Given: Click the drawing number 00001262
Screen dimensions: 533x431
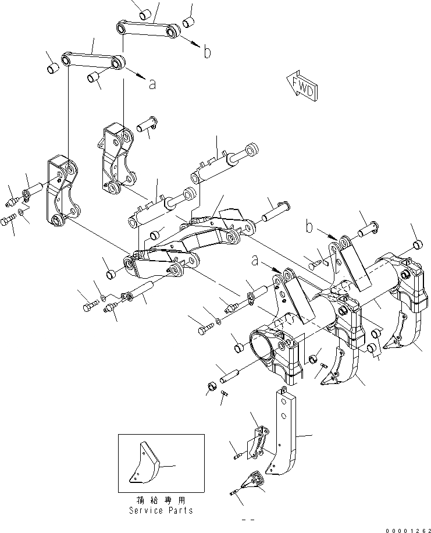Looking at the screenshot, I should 402,527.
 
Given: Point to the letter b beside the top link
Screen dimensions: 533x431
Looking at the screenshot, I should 207,53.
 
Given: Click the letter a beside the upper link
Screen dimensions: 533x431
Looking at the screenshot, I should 152,84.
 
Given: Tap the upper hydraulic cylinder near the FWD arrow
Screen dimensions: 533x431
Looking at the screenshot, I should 221,165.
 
